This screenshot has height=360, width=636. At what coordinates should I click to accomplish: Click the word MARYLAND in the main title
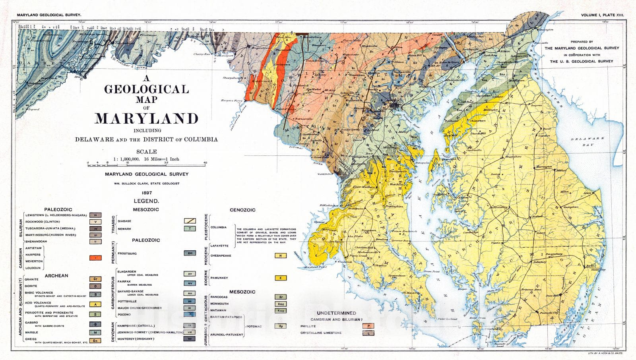tap(146, 118)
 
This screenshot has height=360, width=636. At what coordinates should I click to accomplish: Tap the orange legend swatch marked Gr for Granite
tap(95, 279)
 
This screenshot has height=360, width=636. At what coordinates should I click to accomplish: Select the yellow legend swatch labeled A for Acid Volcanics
tap(95, 304)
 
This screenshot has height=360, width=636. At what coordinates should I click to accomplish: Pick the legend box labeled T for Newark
tap(190, 229)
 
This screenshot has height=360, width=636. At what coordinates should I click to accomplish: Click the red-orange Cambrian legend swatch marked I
tap(95, 258)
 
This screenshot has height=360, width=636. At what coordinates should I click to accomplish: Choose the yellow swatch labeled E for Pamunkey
tap(280, 278)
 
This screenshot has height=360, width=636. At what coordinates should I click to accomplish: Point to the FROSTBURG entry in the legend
tap(127, 254)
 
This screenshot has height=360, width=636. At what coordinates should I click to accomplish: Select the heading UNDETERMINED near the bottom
tap(336, 313)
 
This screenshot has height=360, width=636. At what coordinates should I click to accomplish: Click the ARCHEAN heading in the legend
tap(56, 275)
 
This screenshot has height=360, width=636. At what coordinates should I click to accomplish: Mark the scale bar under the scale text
tap(146, 164)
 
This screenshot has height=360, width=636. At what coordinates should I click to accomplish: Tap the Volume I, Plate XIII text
tap(602, 15)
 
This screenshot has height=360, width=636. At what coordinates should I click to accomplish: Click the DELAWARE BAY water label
tap(587, 141)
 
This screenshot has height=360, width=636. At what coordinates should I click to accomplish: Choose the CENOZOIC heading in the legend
tap(242, 210)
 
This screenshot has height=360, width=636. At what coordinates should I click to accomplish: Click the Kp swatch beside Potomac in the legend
tap(280, 326)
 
